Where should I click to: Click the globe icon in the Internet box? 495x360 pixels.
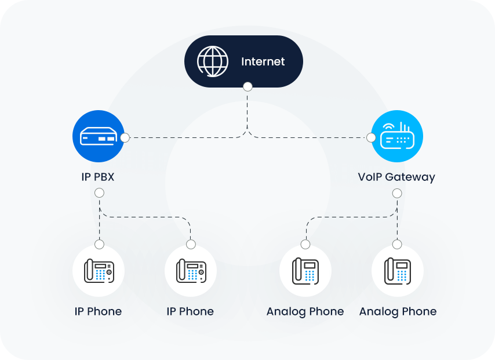tap(213, 61)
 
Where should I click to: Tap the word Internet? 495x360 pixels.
tap(263, 61)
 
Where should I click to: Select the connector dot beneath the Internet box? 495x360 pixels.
tap(247, 87)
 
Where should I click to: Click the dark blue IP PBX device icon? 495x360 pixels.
tap(98, 137)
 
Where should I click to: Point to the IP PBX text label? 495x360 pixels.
tap(98, 177)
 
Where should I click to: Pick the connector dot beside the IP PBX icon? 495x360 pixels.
tap(125, 138)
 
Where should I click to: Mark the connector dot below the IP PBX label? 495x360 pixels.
tap(99, 193)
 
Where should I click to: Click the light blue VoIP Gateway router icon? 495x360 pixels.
tap(397, 137)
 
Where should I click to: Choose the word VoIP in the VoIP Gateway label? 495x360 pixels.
tap(370, 177)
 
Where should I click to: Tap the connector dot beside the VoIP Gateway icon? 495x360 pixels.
tap(371, 138)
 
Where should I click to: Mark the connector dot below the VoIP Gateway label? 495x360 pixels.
tap(397, 193)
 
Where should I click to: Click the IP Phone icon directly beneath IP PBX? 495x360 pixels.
tap(99, 271)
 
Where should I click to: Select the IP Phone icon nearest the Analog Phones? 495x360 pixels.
tap(190, 271)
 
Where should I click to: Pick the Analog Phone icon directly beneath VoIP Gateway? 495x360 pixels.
tap(397, 271)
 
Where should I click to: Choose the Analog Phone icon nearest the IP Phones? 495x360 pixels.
tap(305, 271)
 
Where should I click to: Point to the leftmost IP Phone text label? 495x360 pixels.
tap(98, 311)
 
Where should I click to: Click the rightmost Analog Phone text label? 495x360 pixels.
tap(398, 311)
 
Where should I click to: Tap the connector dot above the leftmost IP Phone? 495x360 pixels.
tap(99, 244)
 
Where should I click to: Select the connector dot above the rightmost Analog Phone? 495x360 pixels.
tap(397, 244)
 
